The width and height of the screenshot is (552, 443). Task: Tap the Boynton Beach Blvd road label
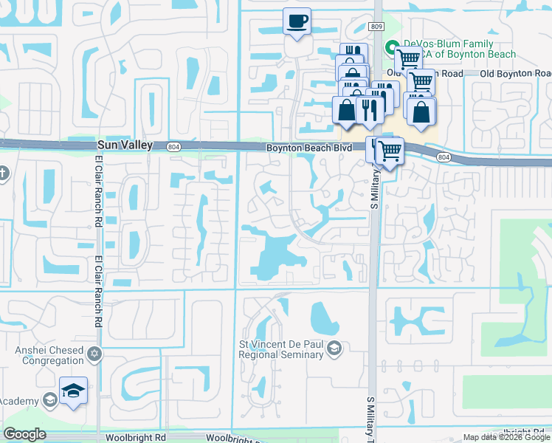(310, 148)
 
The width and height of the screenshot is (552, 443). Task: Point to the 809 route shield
(377, 27)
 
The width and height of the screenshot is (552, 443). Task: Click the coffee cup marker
(297, 21)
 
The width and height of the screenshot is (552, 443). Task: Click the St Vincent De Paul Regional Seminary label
(281, 350)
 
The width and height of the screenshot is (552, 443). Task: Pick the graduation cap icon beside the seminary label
(334, 348)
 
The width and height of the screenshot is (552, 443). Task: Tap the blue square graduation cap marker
(74, 390)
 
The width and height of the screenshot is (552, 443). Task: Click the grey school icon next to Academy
(49, 400)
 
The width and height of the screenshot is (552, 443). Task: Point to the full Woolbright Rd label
(135, 437)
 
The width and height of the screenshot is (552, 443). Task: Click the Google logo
(24, 434)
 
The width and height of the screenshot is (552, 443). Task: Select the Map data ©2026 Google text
(506, 437)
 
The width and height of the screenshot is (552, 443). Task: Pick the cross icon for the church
(3, 174)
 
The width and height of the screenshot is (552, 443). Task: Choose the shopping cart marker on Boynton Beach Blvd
(389, 151)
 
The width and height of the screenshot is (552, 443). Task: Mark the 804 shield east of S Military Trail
(443, 157)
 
